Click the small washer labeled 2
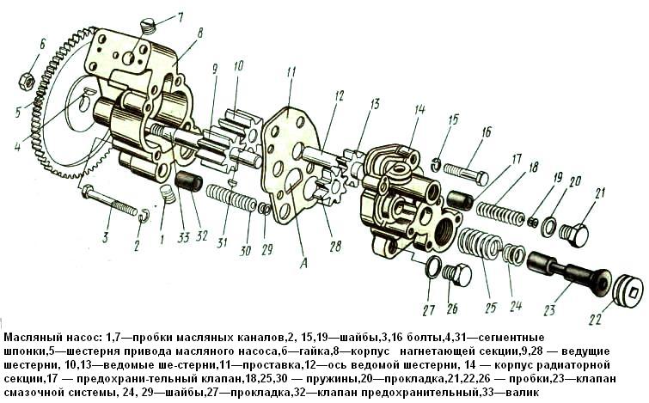(x=143, y=216)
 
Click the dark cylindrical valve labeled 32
(x=188, y=182)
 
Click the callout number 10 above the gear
(x=237, y=65)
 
